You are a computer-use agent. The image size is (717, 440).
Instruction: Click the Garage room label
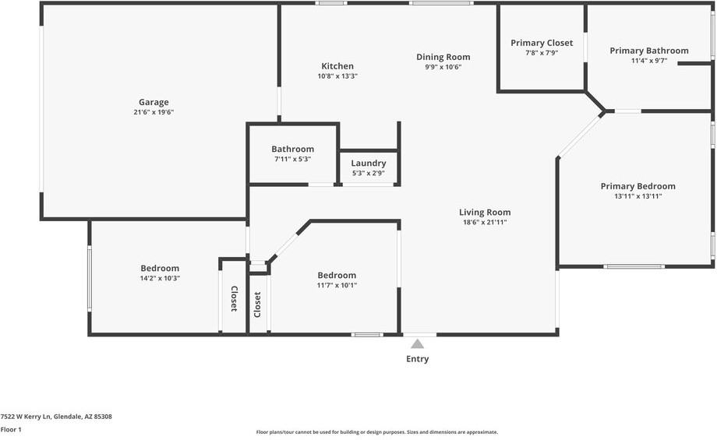point(154,102)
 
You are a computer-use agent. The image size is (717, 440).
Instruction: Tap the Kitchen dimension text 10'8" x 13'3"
point(337,76)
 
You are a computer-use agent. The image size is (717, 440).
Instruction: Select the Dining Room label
point(443,57)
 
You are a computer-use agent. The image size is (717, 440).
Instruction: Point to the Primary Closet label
point(542,43)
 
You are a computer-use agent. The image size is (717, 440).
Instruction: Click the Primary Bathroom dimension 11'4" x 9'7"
point(649,61)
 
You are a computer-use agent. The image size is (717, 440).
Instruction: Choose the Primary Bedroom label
point(638,186)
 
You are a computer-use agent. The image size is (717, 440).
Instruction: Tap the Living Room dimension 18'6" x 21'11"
point(485,223)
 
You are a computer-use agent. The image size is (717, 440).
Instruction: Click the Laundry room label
point(369,163)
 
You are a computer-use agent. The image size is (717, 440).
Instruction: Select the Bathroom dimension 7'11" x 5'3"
point(293,160)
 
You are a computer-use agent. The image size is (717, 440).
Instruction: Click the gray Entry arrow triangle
point(417,344)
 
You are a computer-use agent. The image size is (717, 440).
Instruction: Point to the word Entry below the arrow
point(418,359)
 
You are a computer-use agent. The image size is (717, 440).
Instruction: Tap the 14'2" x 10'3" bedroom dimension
point(160,278)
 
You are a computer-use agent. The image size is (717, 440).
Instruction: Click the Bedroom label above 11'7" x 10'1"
point(337,275)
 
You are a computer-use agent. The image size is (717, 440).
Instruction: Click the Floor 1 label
point(11,430)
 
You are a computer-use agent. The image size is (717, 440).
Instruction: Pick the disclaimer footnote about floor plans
point(377,432)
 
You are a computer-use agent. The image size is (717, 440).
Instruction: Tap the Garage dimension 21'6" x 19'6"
point(154,112)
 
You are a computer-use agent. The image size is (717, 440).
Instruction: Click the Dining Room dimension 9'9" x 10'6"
point(443,67)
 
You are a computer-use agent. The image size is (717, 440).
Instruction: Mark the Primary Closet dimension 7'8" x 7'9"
point(542,53)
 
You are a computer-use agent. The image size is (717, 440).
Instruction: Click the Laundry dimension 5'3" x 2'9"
point(369,174)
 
